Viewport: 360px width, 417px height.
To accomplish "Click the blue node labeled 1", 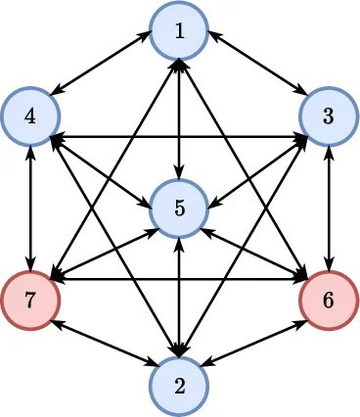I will [179, 30].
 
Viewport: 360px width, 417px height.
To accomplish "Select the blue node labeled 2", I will [179, 385].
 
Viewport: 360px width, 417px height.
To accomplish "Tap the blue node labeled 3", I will [329, 116].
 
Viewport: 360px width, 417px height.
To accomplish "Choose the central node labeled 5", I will [179, 208].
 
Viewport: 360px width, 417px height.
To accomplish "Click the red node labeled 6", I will [329, 299].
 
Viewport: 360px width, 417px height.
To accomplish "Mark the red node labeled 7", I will [30, 299].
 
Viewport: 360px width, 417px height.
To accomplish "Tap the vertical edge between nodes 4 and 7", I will [30, 208].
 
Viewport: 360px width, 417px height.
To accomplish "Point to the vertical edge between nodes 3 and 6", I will [329, 208].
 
